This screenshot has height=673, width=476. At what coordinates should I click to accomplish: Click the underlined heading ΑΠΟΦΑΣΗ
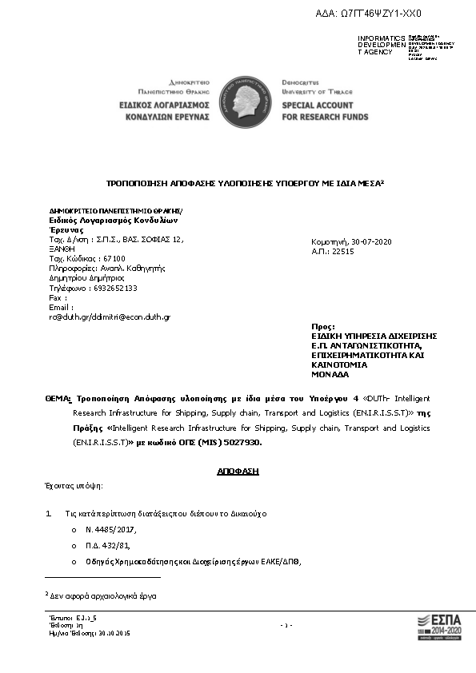[x=238, y=471]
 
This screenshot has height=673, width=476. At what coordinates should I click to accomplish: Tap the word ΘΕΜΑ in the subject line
[x=58, y=398]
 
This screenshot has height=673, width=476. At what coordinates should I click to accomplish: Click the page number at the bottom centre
[x=287, y=625]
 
